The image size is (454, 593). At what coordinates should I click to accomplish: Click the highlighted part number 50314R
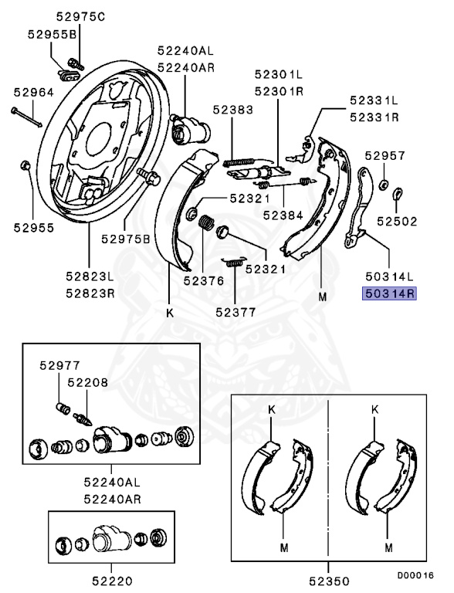click(x=391, y=293)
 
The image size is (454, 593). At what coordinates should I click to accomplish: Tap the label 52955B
click(x=52, y=35)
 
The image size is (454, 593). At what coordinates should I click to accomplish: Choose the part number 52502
click(x=397, y=220)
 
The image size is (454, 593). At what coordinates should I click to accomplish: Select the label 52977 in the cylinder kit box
click(x=56, y=365)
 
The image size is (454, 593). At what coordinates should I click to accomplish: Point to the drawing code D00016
click(x=415, y=575)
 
